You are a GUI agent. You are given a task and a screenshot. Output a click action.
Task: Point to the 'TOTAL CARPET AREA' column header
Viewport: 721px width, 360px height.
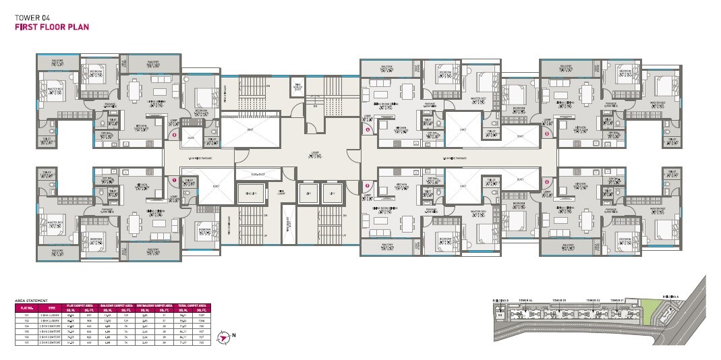(192, 305)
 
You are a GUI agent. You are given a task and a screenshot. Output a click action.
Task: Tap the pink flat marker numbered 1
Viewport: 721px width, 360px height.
(174, 180)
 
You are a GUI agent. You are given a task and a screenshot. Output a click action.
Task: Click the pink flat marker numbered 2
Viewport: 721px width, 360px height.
(174, 135)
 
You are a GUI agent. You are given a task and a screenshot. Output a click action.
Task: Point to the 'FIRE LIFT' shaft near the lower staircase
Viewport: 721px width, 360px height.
(250, 194)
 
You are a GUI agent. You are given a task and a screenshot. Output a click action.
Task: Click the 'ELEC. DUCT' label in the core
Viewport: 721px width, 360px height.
(256, 175)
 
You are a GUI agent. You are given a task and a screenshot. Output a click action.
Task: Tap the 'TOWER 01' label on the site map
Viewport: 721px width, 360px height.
(616, 300)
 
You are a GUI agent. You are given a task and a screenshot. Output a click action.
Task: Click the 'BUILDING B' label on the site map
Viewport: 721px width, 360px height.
(500, 300)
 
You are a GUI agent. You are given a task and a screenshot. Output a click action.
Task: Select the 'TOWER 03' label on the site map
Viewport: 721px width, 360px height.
(558, 300)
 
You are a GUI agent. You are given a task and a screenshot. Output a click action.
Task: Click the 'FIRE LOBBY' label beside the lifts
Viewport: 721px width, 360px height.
(281, 193)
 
